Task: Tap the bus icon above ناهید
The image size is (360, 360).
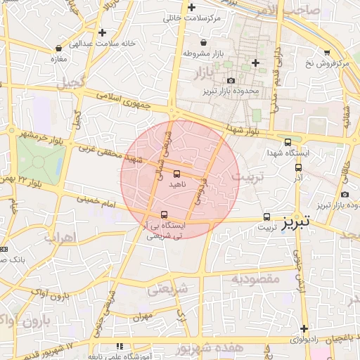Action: pyautogui.click(x=176, y=173)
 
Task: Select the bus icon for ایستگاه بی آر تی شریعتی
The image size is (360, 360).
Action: pyautogui.click(x=164, y=214)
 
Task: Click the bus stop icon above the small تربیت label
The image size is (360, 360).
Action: pyautogui.click(x=266, y=217)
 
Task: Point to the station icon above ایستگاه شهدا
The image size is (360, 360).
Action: pyautogui.click(x=288, y=142)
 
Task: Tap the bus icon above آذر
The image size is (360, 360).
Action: pyautogui.click(x=298, y=167)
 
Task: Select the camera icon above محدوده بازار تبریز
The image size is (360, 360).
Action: pyautogui.click(x=231, y=81)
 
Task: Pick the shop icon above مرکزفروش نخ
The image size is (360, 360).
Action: pyautogui.click(x=327, y=53)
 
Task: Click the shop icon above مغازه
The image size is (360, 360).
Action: pyautogui.click(x=58, y=49)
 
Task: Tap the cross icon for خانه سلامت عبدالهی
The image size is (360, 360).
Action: pyautogui.click(x=103, y=32)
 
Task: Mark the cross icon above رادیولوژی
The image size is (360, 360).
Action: pyautogui.click(x=304, y=329)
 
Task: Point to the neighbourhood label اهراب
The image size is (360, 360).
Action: pyautogui.click(x=60, y=237)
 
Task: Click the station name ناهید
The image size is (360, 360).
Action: pyautogui.click(x=176, y=183)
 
